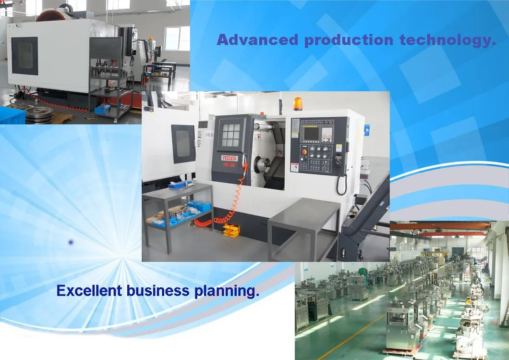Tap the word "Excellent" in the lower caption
coord(89,291)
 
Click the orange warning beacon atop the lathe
coord(298,103)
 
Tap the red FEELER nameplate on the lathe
coord(229,158)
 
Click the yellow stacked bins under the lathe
coord(231,230)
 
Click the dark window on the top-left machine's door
coord(24,56)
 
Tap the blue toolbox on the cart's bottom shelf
coord(102,109)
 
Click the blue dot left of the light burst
coord(71,243)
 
